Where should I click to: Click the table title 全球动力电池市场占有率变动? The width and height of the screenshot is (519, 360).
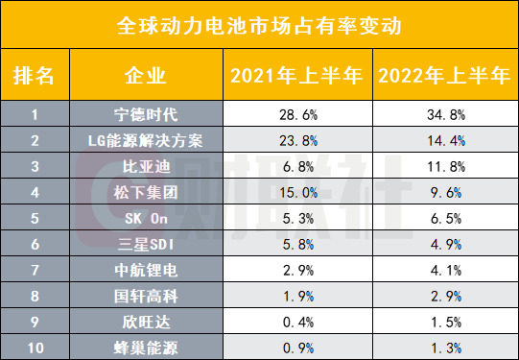point(259,23)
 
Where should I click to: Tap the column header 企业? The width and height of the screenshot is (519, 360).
point(146,74)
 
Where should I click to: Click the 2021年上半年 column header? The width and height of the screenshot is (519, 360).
point(294,74)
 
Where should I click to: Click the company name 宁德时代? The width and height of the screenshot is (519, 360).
point(146,115)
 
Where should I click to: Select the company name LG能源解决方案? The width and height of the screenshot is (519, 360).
point(146,140)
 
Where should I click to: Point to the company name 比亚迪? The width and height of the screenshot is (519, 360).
point(146,165)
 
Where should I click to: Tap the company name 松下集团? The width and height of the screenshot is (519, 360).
point(146,190)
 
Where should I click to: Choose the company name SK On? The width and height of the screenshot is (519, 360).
point(146,215)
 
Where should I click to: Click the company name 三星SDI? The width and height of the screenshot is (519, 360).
point(146,240)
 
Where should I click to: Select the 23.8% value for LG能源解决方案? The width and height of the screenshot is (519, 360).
point(295,140)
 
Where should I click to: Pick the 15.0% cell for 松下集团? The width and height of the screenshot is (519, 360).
point(295,190)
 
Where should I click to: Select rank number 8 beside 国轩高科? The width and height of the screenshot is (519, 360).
point(35,293)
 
